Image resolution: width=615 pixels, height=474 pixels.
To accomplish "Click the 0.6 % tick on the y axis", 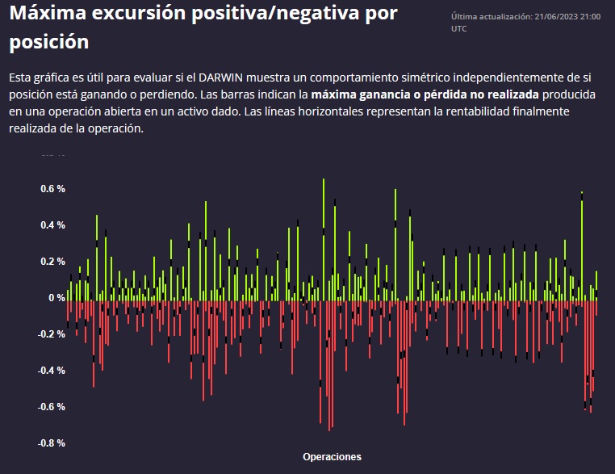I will point(53,189).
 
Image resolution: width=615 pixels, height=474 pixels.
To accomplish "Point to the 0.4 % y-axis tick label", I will point(53,225).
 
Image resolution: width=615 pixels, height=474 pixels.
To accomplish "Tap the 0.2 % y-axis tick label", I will point(53,262).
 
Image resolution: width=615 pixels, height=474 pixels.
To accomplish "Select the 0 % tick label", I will point(56,298).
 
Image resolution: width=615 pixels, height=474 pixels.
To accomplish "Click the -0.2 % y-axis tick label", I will point(52,334).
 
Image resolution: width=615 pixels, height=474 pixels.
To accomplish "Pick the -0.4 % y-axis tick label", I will point(52,371).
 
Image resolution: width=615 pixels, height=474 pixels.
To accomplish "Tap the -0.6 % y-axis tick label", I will point(52,407).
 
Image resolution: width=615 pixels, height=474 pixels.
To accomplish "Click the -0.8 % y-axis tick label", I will point(52,443).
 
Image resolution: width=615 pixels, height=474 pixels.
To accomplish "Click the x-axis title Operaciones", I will point(332,457).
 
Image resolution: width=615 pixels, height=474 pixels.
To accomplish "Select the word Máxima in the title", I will point(51,15).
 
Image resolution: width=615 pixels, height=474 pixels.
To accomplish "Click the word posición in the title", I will point(49,41).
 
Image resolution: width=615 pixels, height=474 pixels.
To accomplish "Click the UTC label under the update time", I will point(458,28).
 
